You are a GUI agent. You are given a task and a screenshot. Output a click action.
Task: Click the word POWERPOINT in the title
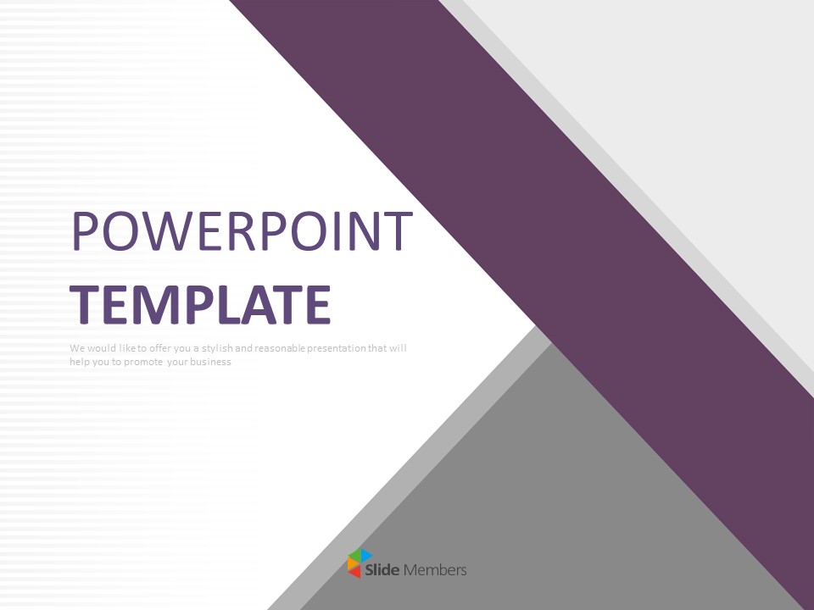[242, 230]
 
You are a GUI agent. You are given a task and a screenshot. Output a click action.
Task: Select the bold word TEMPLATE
[200, 305]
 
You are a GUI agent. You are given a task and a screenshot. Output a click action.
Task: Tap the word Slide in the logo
[382, 570]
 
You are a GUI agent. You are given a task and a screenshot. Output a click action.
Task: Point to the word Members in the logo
[435, 570]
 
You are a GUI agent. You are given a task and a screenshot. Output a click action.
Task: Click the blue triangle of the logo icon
[366, 556]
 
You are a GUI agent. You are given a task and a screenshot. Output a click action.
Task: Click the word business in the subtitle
[210, 362]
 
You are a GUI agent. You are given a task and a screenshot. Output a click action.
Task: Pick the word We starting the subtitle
[77, 348]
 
